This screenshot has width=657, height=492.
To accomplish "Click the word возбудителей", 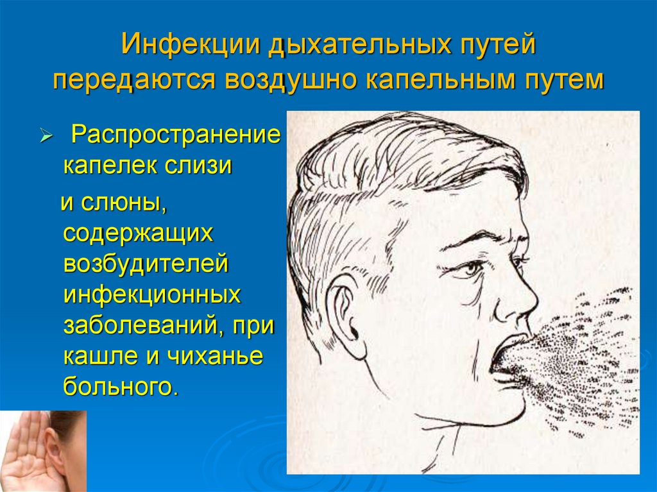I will point(146,264).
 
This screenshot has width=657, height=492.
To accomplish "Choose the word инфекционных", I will point(152,295).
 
